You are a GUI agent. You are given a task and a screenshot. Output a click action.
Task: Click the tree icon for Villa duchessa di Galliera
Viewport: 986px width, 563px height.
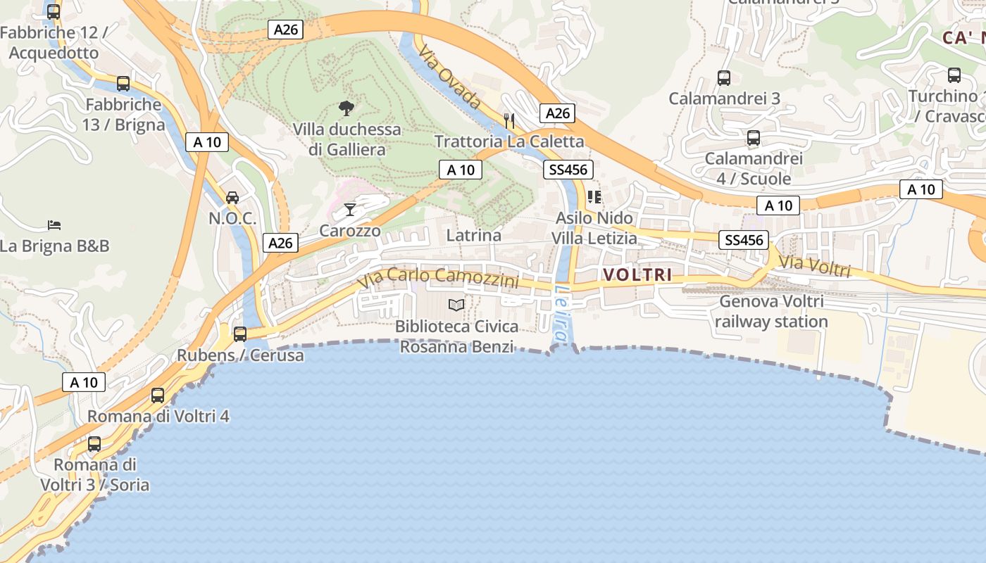(x=346, y=108)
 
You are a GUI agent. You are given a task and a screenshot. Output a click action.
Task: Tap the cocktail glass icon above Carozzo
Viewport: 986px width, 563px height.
(x=349, y=209)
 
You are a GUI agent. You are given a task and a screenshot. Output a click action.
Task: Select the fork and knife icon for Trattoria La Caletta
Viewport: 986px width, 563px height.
(x=509, y=120)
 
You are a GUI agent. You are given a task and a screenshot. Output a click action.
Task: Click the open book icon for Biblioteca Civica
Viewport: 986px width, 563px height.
(x=456, y=305)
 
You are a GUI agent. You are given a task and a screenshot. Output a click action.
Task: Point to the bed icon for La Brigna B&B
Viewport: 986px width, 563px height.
(x=54, y=225)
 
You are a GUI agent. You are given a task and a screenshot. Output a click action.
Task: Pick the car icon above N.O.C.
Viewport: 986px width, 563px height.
(x=232, y=198)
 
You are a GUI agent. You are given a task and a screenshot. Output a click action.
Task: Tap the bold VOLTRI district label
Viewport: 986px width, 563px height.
(x=637, y=274)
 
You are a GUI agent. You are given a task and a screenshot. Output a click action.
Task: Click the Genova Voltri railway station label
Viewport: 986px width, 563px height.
(x=773, y=312)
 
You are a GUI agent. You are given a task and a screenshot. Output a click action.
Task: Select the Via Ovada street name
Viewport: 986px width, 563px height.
(x=449, y=77)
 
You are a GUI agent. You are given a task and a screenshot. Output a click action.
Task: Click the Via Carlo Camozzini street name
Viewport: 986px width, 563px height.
(x=438, y=277)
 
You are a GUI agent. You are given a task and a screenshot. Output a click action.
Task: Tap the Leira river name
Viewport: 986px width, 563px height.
(x=561, y=314)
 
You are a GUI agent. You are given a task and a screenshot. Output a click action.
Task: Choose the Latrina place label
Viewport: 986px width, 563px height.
(x=474, y=235)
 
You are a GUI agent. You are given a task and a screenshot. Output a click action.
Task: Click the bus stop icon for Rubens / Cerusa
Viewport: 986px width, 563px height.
(x=240, y=334)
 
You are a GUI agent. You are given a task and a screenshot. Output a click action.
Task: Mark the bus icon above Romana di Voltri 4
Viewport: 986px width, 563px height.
(x=158, y=396)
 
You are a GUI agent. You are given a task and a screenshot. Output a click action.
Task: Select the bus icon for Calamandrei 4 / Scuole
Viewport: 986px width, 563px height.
(x=753, y=138)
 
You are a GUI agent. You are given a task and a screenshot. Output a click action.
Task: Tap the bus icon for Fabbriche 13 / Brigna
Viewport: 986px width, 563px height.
(x=123, y=84)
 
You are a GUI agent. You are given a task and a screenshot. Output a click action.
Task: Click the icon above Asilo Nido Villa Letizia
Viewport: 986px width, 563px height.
(x=594, y=197)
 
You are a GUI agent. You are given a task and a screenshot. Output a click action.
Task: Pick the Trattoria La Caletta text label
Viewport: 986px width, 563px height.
(x=509, y=141)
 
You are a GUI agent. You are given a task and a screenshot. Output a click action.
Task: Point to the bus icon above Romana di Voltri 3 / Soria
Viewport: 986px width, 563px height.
(x=94, y=444)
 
